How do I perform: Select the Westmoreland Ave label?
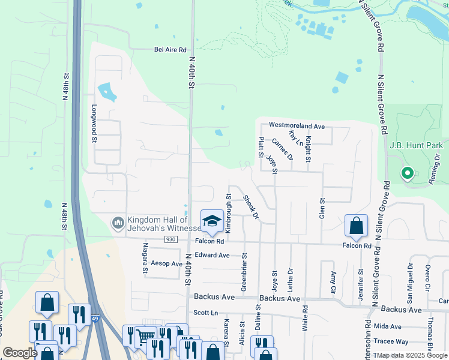297,126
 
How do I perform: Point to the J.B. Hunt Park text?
416,145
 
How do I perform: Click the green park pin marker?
407,174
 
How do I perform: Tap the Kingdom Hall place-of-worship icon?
118,223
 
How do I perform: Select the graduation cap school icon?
211,221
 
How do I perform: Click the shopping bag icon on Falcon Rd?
356,226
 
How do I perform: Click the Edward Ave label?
212,255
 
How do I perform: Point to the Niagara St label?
145,257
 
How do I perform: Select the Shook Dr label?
250,206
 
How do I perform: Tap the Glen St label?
322,208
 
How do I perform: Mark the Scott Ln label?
205,313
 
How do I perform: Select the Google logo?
20,353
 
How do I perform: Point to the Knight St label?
307,149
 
